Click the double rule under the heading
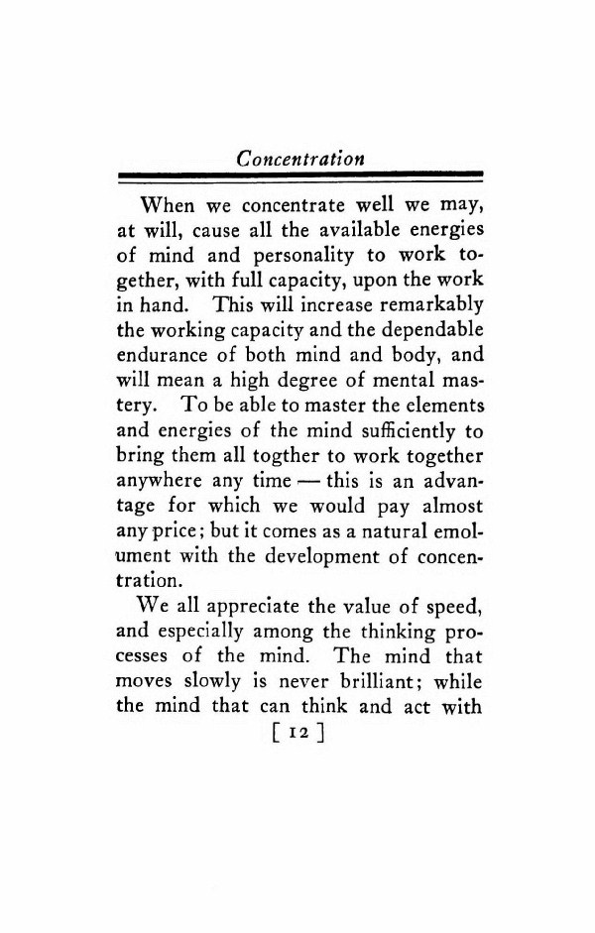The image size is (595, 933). [x=297, y=177]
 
